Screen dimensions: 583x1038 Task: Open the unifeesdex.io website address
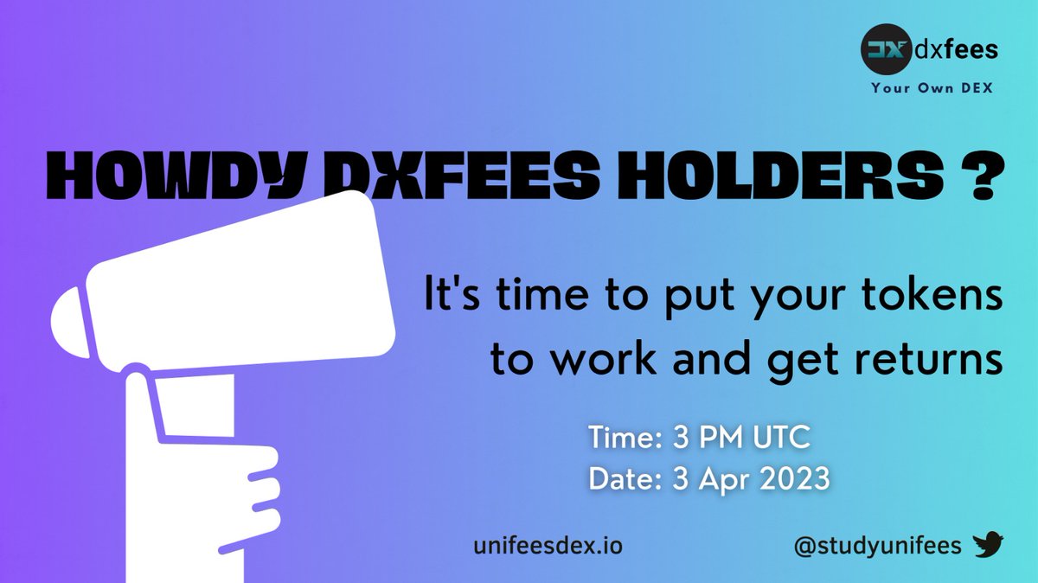pyautogui.click(x=548, y=546)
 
